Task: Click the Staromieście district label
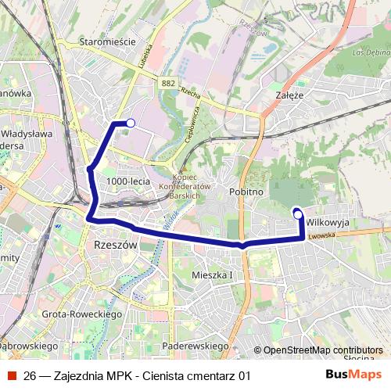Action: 102,42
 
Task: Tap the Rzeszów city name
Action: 115,244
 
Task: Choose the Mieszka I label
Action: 212,275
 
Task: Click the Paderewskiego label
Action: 195,346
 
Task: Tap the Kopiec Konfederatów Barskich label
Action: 185,187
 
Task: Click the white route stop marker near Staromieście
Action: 131,123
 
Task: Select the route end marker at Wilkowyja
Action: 297,213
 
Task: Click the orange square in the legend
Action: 12,376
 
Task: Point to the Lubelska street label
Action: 143,58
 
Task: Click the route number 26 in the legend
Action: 30,376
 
